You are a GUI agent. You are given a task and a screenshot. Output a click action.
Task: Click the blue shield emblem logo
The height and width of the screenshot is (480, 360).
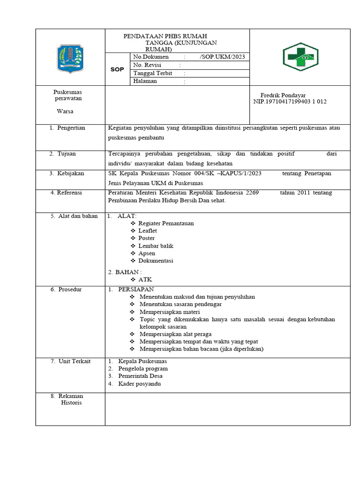tap(70, 58)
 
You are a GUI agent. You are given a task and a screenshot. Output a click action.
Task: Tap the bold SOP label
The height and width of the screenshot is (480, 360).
tap(117, 69)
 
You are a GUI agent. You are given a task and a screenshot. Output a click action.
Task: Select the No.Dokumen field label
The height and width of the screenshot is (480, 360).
tap(150, 57)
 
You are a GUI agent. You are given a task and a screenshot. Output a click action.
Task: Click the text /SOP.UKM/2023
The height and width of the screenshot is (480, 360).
tap(222, 57)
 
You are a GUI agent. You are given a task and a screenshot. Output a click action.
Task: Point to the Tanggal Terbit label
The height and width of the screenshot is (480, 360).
tap(153, 73)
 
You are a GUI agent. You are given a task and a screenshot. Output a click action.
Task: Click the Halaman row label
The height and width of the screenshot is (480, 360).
tap(145, 81)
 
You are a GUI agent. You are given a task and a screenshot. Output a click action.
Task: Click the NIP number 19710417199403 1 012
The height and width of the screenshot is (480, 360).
tap(290, 101)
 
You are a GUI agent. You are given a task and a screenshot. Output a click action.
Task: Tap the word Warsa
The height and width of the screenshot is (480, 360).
tap(65, 111)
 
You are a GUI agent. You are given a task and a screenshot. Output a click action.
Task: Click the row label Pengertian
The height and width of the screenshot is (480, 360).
tap(71, 128)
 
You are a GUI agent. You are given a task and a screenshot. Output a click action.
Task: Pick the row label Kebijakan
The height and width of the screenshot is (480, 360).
tap(70, 173)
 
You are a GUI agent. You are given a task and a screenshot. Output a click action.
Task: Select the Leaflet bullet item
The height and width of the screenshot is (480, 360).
tap(148, 231)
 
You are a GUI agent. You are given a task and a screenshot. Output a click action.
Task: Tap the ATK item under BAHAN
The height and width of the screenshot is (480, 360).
tap(145, 279)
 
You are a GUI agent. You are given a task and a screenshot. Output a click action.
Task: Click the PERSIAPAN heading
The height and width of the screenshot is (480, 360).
tap(136, 289)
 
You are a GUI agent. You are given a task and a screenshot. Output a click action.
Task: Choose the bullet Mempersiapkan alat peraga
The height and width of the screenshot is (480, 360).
tap(175, 334)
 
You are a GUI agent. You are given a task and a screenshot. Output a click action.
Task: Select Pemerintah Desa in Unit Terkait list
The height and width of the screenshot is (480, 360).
tap(140, 376)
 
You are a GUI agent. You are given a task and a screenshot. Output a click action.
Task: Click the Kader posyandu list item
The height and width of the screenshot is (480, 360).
tap(139, 383)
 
